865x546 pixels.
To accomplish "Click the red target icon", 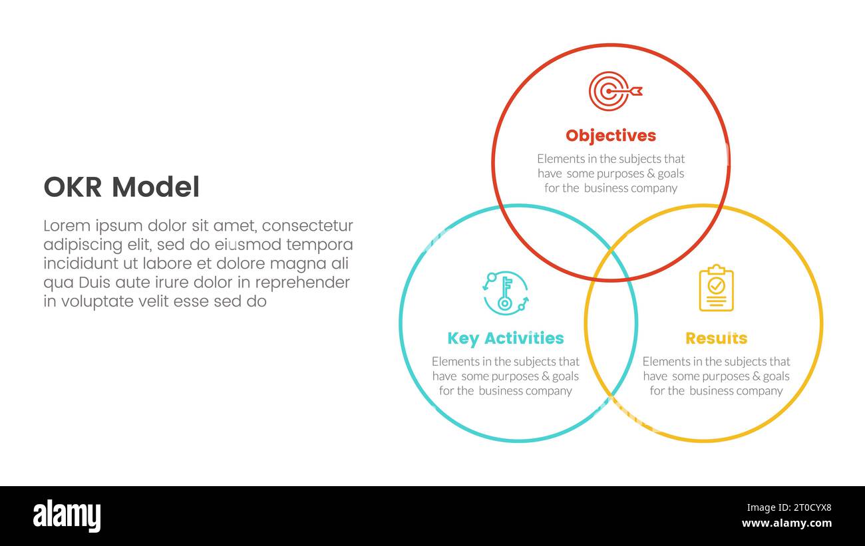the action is tap(615, 91).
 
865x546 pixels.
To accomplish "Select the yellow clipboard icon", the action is tap(717, 287).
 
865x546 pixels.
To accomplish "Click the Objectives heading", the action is tap(611, 136).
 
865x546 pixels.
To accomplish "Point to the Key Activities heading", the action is tap(506, 339).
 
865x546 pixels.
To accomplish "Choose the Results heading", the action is tap(717, 338).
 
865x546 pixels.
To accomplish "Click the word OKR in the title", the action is tap(73, 187).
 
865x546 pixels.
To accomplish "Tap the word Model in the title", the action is tap(156, 187).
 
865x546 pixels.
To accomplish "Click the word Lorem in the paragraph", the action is tap(67, 225).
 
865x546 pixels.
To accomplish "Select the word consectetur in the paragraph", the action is tap(307, 225).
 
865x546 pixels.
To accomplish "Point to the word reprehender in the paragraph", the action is tap(302, 283).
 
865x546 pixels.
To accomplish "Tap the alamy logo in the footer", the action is tap(67, 515).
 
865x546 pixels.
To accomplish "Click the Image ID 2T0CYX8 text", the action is tap(789, 507).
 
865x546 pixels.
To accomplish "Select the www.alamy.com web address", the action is tap(786, 523).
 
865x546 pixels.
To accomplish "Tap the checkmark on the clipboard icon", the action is tap(717, 286).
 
